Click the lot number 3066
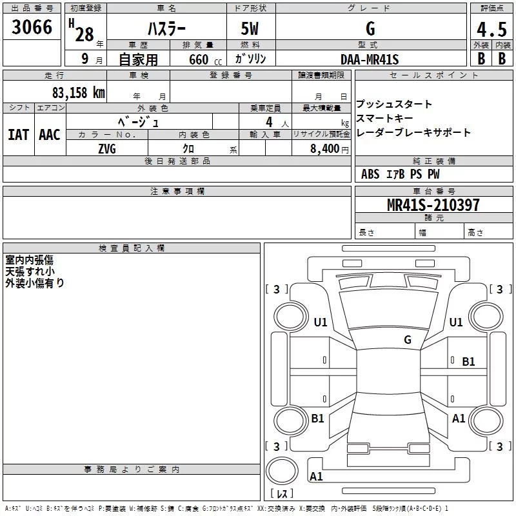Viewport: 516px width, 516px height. pyautogui.click(x=32, y=27)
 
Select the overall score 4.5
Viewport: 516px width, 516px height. pyautogui.click(x=491, y=29)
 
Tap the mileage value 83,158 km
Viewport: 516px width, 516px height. pyautogui.click(x=79, y=93)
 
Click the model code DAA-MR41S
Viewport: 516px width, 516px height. pyautogui.click(x=370, y=59)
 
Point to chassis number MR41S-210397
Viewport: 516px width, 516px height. pyautogui.click(x=433, y=204)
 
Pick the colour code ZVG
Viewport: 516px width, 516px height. pyautogui.click(x=107, y=149)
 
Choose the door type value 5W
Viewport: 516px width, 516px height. pyautogui.click(x=250, y=28)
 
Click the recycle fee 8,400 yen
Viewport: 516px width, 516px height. pyautogui.click(x=330, y=149)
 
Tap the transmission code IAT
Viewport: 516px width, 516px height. pyautogui.click(x=19, y=135)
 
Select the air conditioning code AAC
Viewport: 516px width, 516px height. pyautogui.click(x=50, y=135)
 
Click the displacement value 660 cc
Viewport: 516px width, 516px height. pyautogui.click(x=205, y=59)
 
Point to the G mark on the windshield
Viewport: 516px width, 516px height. pyautogui.click(x=408, y=339)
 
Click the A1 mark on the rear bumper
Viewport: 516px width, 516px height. pyautogui.click(x=316, y=476)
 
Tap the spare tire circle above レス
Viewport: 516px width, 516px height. pyautogui.click(x=282, y=471)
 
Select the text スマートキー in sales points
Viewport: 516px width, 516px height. pyautogui.click(x=384, y=118)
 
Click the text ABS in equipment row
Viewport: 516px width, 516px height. pyautogui.click(x=370, y=174)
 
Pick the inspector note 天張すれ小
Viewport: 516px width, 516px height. pyautogui.click(x=30, y=272)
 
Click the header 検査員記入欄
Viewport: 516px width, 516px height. pyautogui.click(x=132, y=248)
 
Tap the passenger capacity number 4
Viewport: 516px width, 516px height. pyautogui.click(x=269, y=122)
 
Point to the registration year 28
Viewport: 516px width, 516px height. pyautogui.click(x=84, y=34)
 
